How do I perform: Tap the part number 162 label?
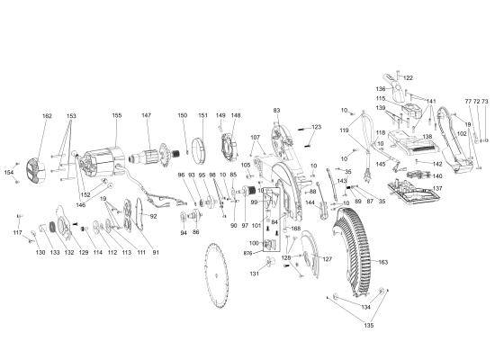[x=47, y=116]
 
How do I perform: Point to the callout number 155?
[x=116, y=115]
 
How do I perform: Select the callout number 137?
[x=437, y=189]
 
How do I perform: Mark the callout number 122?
[x=408, y=78]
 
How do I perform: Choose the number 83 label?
[x=277, y=111]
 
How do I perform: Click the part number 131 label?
[x=255, y=274]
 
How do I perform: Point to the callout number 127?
[x=328, y=259]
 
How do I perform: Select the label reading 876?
[x=247, y=255]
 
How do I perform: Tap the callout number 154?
[x=9, y=172]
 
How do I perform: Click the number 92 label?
[x=153, y=216]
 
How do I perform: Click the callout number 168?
[x=295, y=229]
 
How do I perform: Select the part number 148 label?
[x=236, y=115]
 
